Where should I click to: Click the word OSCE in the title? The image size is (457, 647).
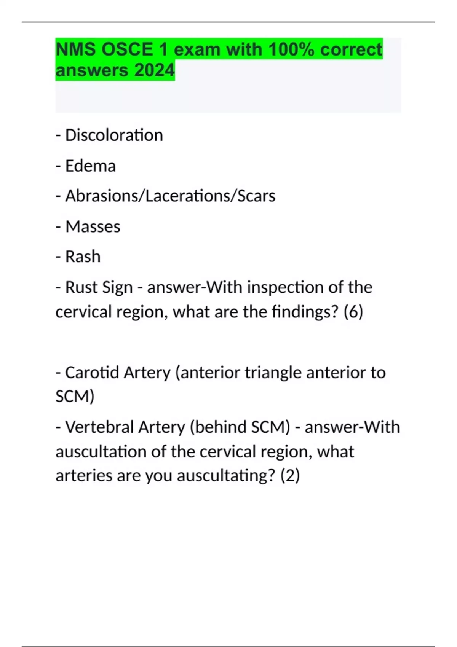(127, 49)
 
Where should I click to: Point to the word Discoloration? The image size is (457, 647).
(114, 135)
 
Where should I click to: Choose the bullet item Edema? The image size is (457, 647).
(90, 166)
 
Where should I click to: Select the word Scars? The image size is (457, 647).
(256, 196)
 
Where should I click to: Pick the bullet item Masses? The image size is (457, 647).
(93, 226)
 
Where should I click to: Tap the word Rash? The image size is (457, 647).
(83, 257)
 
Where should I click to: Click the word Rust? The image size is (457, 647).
(80, 287)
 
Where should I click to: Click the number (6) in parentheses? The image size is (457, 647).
(353, 312)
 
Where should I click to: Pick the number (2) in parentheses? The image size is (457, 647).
(290, 476)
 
